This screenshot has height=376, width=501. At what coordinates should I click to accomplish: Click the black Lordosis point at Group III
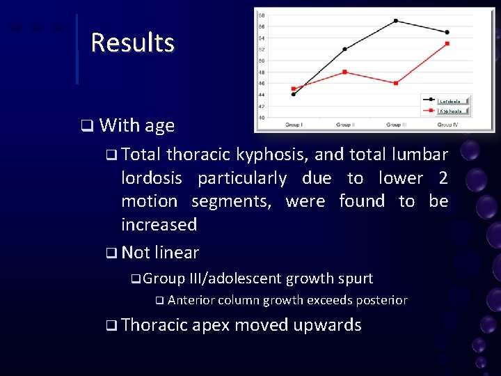396,21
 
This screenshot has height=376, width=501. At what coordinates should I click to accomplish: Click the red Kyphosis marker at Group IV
447,43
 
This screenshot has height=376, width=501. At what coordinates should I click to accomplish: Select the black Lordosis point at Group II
345,49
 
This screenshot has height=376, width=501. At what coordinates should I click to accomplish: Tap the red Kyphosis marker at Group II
345,72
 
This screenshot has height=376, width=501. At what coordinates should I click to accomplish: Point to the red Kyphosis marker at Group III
396,83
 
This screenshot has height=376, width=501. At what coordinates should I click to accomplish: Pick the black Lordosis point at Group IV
447,32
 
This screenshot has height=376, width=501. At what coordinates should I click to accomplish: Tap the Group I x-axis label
294,125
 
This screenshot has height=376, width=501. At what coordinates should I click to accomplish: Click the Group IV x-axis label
447,125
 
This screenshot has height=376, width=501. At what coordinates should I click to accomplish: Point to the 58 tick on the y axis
261,15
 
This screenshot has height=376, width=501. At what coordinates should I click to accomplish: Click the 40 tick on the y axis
261,117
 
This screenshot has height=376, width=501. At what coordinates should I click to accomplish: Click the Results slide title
132,42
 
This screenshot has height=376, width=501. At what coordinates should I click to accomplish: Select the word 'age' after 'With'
159,125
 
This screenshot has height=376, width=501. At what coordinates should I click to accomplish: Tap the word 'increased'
159,224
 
